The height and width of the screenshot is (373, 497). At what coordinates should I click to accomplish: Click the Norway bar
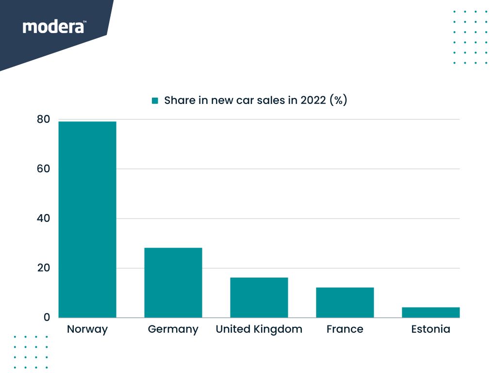(87, 220)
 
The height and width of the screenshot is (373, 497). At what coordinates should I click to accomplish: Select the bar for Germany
(173, 283)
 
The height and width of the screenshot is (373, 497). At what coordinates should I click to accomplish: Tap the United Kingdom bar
(259, 297)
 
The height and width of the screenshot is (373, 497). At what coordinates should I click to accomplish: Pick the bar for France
(345, 303)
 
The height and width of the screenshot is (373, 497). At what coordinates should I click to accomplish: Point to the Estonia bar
(431, 312)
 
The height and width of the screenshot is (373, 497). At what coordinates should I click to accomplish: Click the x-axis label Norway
(87, 329)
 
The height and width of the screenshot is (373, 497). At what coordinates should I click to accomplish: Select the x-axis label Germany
(173, 329)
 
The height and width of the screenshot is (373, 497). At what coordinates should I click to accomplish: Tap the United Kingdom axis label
(259, 329)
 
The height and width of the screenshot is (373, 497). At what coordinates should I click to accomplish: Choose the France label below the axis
(345, 329)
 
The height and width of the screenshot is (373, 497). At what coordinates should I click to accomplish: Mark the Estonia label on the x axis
(431, 329)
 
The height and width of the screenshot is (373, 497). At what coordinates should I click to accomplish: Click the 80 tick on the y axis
(43, 119)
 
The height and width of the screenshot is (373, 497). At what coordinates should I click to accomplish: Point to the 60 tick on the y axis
(43, 169)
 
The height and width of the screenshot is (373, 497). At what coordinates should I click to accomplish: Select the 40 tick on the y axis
(43, 219)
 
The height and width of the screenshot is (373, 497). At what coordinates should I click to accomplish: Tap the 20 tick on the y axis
(43, 268)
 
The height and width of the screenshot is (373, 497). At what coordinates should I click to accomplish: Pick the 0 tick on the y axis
(47, 318)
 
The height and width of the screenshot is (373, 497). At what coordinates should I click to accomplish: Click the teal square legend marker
(155, 101)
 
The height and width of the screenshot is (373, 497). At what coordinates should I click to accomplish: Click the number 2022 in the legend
(313, 101)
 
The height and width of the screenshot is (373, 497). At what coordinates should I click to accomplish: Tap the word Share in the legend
(179, 101)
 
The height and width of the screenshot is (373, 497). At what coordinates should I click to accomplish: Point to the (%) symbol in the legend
(338, 101)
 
